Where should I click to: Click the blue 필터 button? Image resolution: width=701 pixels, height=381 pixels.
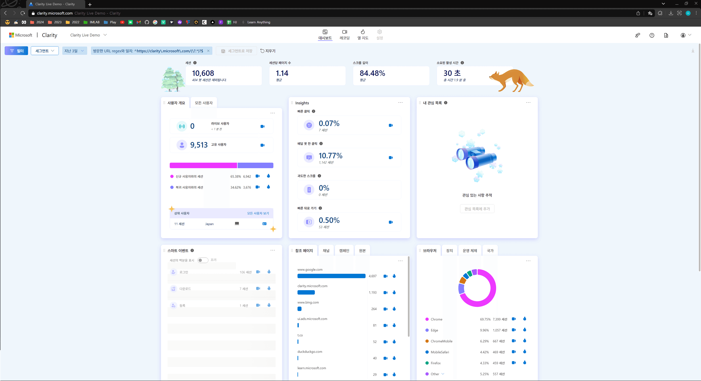point(16,51)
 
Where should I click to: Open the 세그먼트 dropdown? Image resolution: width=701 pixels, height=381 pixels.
point(45,51)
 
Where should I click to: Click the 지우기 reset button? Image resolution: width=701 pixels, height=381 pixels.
point(268,51)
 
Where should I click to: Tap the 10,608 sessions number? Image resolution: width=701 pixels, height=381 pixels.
point(203,73)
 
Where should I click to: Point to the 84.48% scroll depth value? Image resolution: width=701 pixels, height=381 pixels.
point(372,73)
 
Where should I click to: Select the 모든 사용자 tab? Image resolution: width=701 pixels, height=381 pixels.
point(204,103)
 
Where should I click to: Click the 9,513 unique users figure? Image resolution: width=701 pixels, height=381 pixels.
point(199,145)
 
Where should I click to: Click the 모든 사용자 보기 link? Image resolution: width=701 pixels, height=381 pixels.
point(258,213)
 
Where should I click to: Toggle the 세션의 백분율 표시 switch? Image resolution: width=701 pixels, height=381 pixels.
point(203,260)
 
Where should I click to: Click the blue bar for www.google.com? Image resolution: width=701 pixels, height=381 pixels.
point(331,276)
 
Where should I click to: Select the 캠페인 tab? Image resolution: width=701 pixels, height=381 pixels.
point(344,251)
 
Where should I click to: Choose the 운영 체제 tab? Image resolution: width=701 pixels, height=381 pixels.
point(470,251)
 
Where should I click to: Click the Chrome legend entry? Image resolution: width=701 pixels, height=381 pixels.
point(436,319)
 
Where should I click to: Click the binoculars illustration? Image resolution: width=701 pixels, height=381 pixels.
point(477,158)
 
